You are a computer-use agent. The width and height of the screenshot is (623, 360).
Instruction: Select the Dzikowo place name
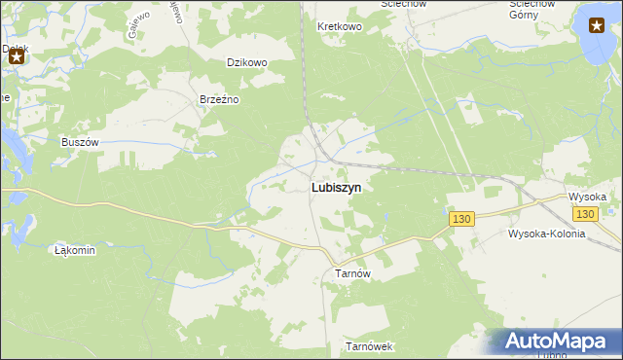(x=246, y=62)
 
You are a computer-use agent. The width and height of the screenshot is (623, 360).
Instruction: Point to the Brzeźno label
(x=219, y=99)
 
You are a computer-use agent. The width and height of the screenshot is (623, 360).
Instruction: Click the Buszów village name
(x=81, y=141)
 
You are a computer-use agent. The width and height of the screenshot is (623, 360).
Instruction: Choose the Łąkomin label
(x=75, y=250)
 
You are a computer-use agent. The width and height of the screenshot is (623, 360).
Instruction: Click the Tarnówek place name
(x=369, y=346)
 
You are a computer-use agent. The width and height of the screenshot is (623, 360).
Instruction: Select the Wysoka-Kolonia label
(x=547, y=234)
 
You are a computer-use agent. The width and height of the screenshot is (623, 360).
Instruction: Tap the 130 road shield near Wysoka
(x=584, y=214)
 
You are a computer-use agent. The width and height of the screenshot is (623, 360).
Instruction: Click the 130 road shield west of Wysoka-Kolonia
(x=461, y=221)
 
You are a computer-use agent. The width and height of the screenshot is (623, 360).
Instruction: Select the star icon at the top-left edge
(x=17, y=57)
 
